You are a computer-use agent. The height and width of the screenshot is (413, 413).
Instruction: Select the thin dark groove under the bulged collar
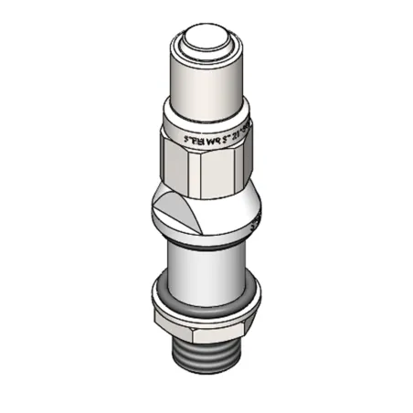[x=205, y=246]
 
